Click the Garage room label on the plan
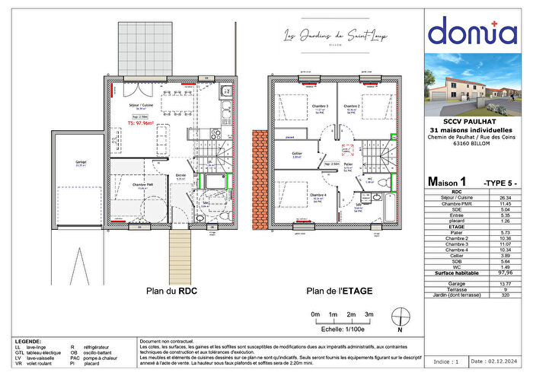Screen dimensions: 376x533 tap(81, 163)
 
